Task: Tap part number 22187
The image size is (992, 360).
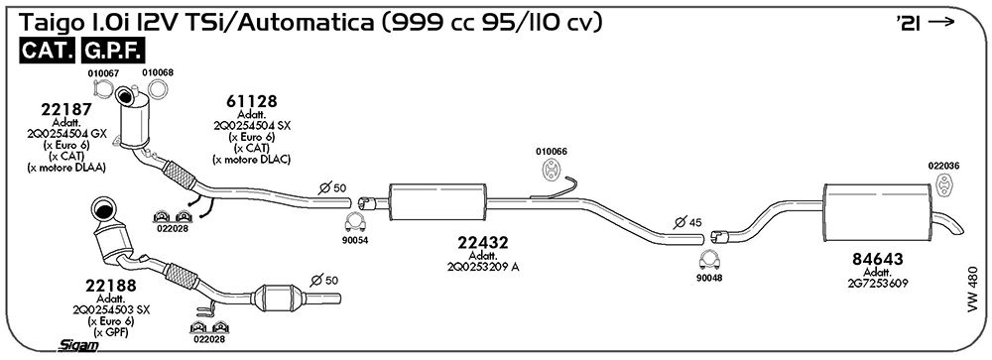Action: [66, 109]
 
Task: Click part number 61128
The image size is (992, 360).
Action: [252, 101]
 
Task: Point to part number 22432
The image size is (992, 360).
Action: [483, 242]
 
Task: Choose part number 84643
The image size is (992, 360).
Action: [878, 259]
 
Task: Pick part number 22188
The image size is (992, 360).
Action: [111, 286]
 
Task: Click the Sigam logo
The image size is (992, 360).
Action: [77, 345]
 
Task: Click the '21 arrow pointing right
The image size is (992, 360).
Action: [941, 22]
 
